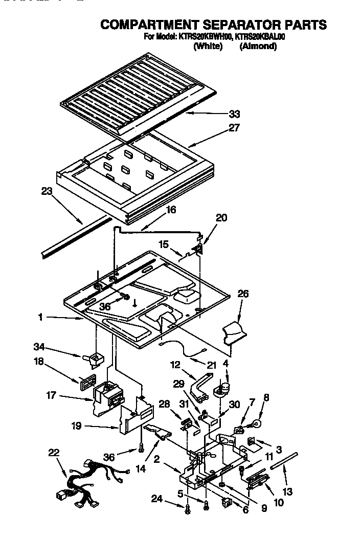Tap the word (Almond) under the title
click(258, 46)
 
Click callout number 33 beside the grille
click(234, 114)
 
